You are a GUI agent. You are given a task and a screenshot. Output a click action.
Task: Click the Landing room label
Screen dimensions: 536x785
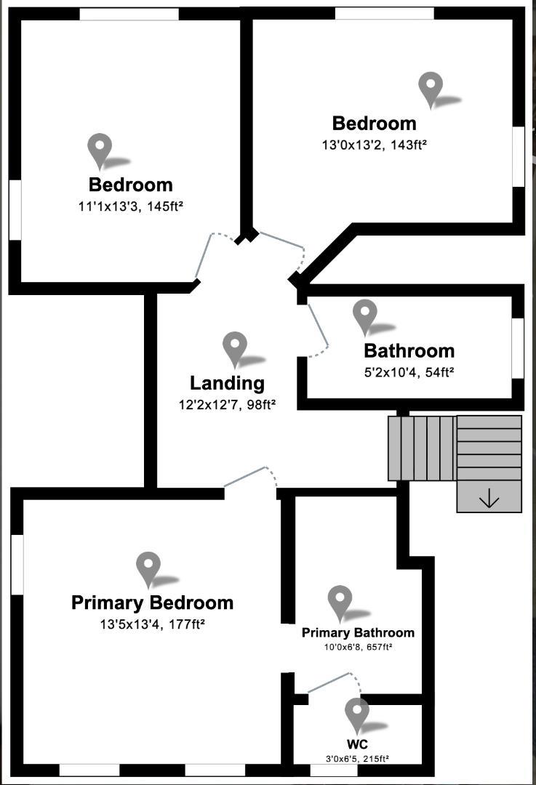[x=227, y=383]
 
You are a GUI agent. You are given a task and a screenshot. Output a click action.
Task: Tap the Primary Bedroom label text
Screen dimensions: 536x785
[x=152, y=603]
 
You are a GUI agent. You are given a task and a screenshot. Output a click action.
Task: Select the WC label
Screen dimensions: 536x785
[x=357, y=744]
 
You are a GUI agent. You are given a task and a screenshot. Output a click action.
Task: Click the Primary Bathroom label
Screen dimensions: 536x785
[x=358, y=633]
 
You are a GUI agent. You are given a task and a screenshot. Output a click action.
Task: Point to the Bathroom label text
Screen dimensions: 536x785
[x=409, y=351]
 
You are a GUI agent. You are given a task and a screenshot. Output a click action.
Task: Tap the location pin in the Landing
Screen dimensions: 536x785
[x=235, y=350]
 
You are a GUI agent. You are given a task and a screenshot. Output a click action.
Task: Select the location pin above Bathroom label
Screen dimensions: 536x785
[x=365, y=317]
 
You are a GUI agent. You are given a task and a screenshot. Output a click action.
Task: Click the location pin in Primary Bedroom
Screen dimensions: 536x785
[x=148, y=570]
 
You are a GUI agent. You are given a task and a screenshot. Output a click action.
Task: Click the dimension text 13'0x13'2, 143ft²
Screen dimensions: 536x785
[x=375, y=145]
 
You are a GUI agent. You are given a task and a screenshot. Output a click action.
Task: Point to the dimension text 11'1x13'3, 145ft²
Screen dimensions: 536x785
[x=130, y=206]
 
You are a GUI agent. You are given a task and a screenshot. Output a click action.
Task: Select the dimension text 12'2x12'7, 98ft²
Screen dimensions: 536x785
[x=228, y=405]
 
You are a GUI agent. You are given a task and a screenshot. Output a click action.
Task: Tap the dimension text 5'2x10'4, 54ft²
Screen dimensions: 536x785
[x=409, y=372]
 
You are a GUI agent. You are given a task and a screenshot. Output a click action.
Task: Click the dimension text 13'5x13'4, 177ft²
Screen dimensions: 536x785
[x=152, y=624]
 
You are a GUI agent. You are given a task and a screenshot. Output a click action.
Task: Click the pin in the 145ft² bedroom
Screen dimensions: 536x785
[x=100, y=151]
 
